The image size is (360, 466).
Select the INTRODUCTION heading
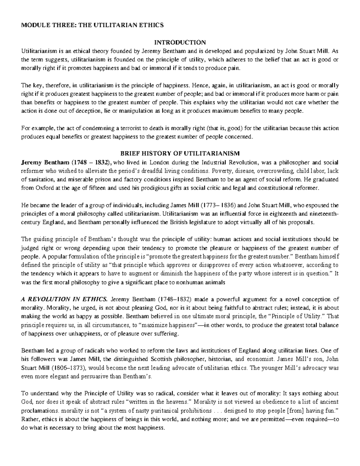[x=180, y=42]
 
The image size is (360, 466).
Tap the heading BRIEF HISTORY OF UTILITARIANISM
[x=180, y=154]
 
